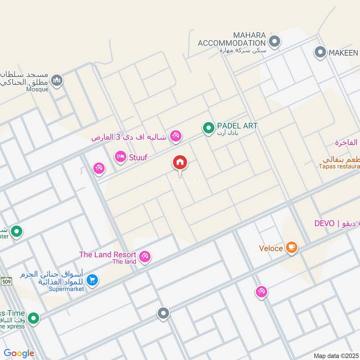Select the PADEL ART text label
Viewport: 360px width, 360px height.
(x=237, y=126)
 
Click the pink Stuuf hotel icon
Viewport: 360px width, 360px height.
(x=120, y=157)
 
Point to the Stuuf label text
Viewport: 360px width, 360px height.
(x=139, y=157)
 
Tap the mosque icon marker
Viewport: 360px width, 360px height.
(x=57, y=81)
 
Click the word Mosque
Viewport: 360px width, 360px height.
(x=38, y=89)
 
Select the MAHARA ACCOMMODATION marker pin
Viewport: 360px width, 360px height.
(x=274, y=42)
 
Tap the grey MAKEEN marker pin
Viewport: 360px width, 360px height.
(x=320, y=53)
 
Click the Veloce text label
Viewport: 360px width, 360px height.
(x=271, y=248)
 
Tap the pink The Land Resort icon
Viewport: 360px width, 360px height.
(x=144, y=257)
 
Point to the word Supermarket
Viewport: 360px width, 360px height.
(x=67, y=289)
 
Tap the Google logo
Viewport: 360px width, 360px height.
(x=19, y=354)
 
